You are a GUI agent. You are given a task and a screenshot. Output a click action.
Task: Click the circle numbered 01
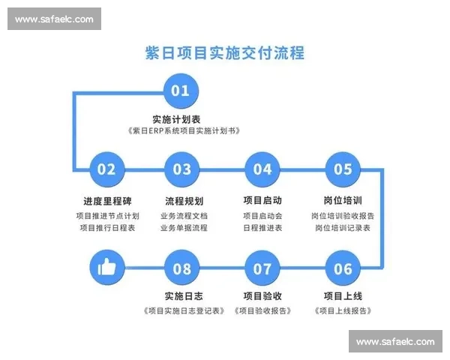click(x=181, y=91)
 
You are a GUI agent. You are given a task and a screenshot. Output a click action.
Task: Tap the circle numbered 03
click(x=182, y=169)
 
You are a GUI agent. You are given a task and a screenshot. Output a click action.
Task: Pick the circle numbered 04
click(x=262, y=169)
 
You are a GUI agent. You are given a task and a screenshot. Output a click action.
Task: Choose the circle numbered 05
click(x=343, y=169)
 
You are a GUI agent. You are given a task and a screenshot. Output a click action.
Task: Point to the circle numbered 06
click(x=343, y=268)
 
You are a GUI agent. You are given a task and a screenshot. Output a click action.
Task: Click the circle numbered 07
click(x=262, y=268)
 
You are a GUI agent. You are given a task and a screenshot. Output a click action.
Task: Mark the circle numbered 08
click(x=182, y=268)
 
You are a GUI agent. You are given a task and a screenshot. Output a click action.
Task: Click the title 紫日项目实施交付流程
click(x=224, y=53)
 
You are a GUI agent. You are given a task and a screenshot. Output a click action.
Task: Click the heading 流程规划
click(x=183, y=201)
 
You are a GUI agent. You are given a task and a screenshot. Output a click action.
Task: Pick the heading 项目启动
click(x=262, y=201)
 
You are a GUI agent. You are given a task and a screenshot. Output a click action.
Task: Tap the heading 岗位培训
click(x=343, y=201)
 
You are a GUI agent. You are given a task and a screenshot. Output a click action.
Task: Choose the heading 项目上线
click(x=343, y=295)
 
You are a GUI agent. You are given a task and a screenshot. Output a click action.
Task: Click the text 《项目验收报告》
click(x=262, y=310)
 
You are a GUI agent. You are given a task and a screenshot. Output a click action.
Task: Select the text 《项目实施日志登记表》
click(x=183, y=310)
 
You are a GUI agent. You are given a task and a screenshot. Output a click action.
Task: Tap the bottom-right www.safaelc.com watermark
click(x=395, y=341)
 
